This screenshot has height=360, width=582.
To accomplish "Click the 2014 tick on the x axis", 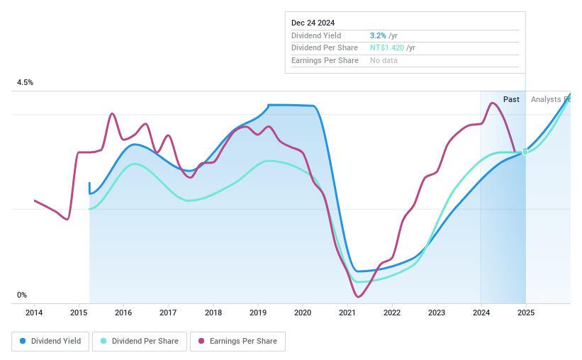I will (34, 313).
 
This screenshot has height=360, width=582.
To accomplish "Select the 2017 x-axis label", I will (168, 313).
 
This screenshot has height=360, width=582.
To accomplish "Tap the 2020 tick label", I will (303, 313).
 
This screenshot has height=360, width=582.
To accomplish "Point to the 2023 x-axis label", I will (437, 313).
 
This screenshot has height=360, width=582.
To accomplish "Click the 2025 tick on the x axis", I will (526, 313).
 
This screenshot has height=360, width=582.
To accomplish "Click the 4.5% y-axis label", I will (26, 83).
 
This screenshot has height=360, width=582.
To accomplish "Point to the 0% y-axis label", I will (22, 296).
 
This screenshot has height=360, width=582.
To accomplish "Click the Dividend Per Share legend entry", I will (140, 342).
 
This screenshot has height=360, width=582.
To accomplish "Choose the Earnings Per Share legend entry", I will (237, 342).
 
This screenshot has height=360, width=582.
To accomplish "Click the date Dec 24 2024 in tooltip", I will (313, 23).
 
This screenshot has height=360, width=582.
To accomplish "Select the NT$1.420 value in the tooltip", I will (387, 47).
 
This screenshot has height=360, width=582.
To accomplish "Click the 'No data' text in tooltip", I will (384, 60).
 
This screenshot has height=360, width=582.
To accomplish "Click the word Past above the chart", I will (511, 100).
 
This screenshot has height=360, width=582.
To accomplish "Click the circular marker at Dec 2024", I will (525, 152).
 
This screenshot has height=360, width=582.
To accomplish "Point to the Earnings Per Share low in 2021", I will (358, 296).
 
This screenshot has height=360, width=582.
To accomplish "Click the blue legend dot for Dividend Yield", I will (23, 342).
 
